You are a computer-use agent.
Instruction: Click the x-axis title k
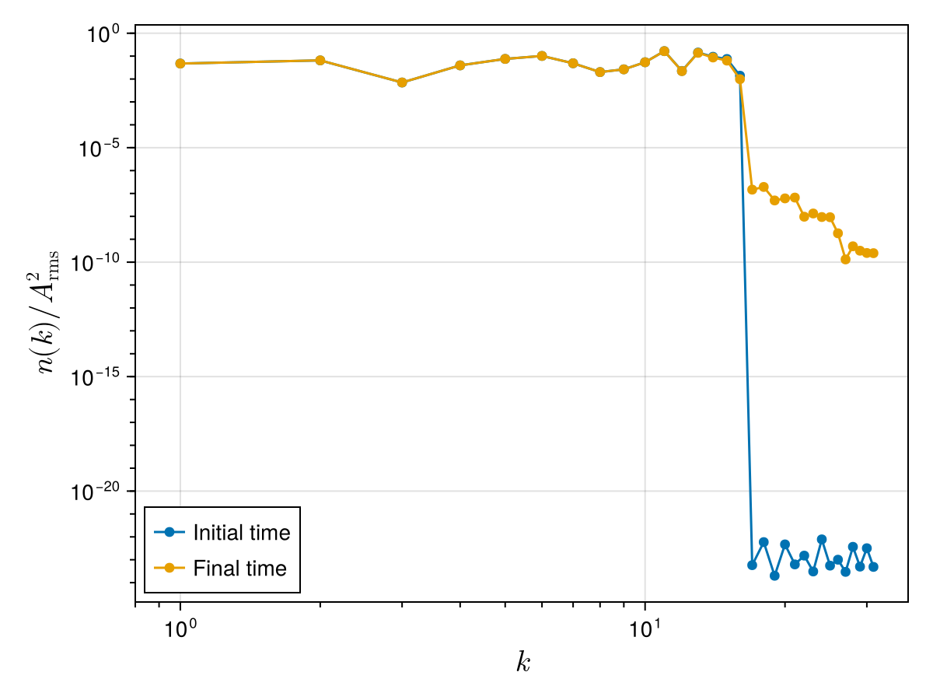pyautogui.click(x=522, y=662)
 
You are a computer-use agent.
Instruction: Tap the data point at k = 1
pyautogui.click(x=180, y=64)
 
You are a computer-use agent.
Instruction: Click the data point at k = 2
pyautogui.click(x=320, y=61)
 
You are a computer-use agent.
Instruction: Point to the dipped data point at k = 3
pyautogui.click(x=402, y=82)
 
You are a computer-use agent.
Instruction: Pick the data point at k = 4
pyautogui.click(x=460, y=65)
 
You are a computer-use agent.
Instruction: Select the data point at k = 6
pyautogui.click(x=542, y=56)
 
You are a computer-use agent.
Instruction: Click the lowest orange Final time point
pyautogui.click(x=845, y=259)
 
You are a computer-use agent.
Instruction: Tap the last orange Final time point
pyautogui.click(x=873, y=253)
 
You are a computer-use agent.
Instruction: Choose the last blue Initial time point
pyautogui.click(x=873, y=567)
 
